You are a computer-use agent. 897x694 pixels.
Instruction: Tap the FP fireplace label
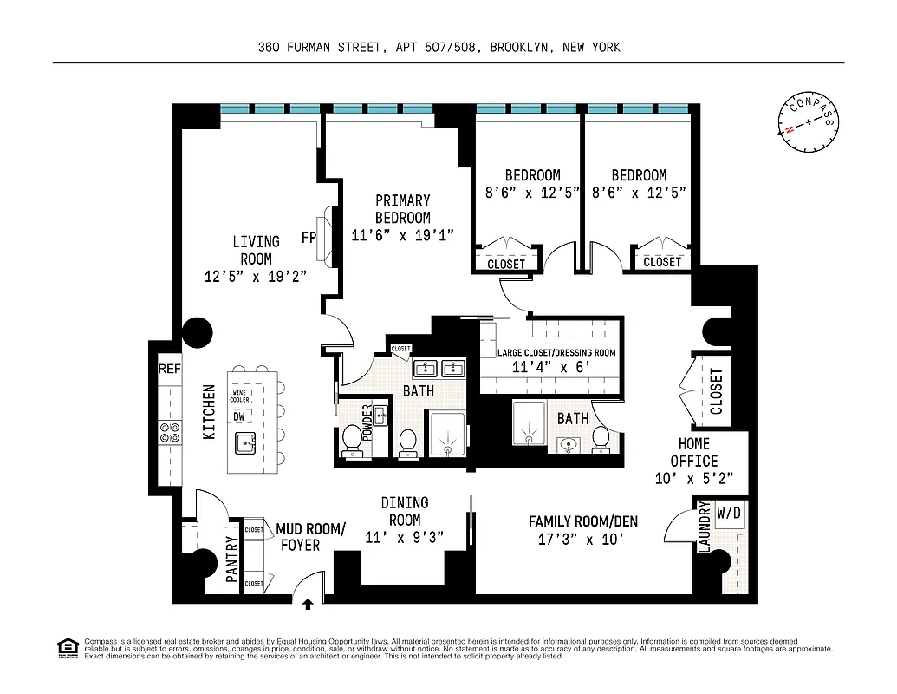pos(308,237)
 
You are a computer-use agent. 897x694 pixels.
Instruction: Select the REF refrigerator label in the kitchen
pos(170,370)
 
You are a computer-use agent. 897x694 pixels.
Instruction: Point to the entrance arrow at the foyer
pos(309,599)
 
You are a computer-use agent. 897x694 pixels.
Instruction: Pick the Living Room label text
pos(256,250)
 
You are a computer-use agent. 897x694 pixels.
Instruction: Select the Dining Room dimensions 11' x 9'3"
pos(404,537)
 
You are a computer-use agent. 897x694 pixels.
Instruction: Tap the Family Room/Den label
pos(582,521)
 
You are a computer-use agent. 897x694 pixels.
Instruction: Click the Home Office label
pos(694,452)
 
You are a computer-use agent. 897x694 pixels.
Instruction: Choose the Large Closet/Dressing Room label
pos(556,353)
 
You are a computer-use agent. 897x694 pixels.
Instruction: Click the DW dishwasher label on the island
pos(238,416)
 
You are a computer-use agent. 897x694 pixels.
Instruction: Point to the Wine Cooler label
pos(240,397)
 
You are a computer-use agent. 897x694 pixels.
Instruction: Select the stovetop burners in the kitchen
pos(170,432)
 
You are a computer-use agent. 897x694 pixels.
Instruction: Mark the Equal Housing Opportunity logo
pos(66,648)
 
